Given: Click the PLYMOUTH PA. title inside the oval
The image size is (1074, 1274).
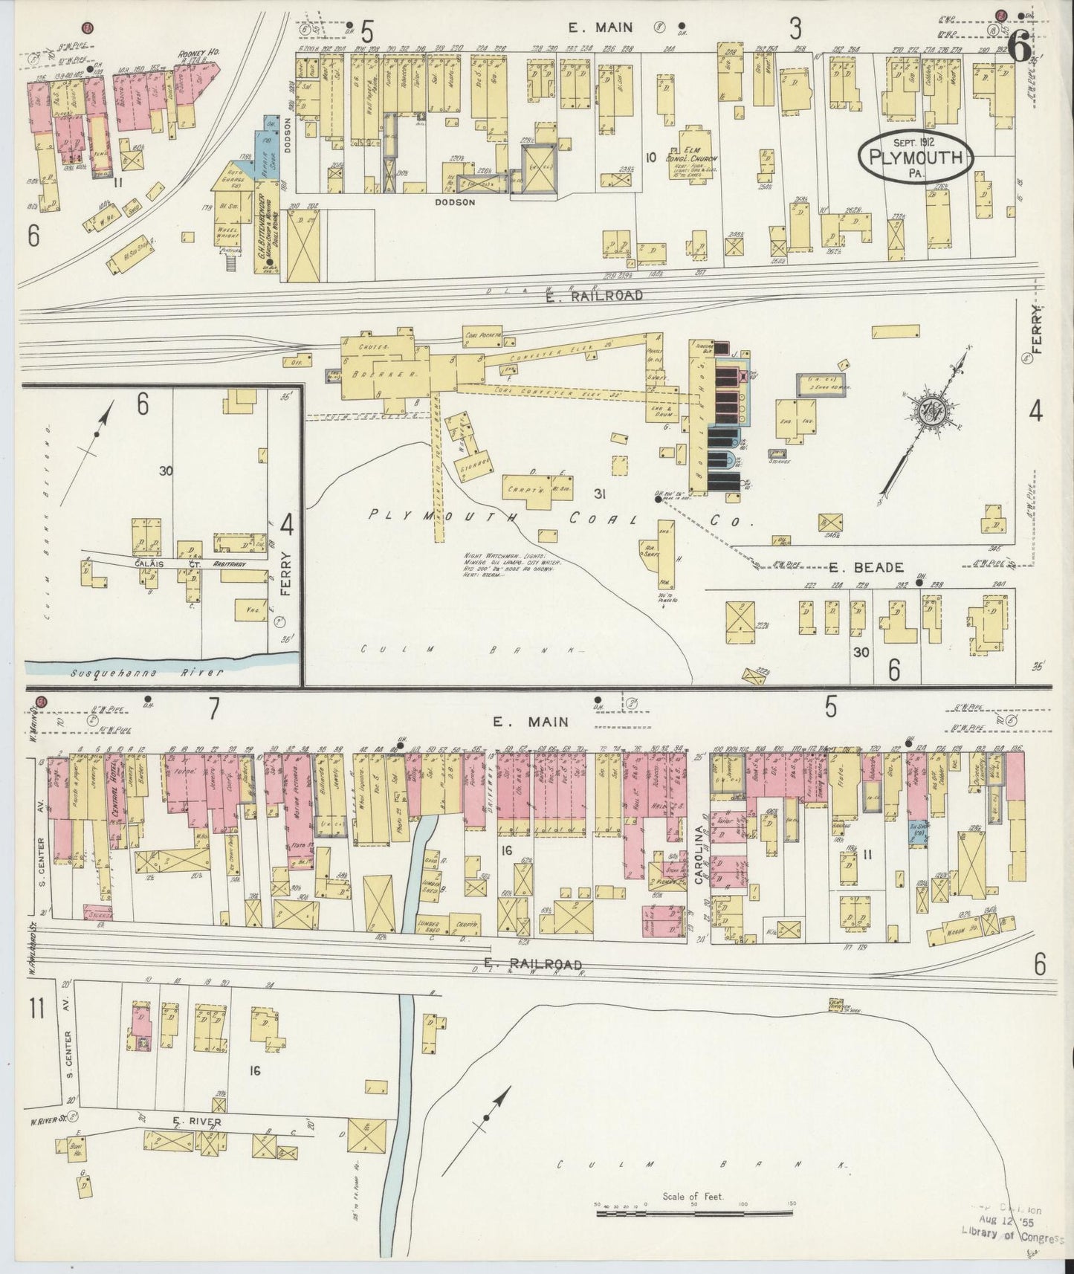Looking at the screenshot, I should [x=913, y=158].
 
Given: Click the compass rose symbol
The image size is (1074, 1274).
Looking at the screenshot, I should [x=931, y=410].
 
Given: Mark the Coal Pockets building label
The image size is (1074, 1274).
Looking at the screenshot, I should [x=482, y=336].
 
